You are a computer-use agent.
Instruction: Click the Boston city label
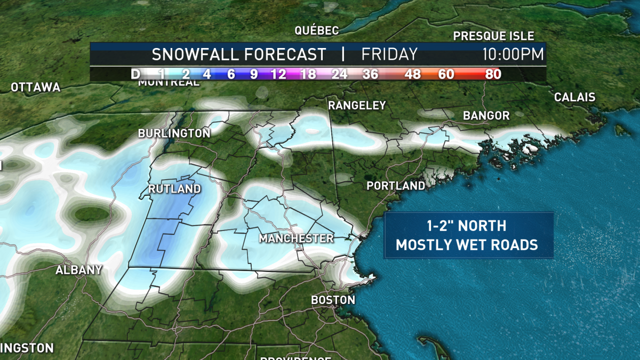[x=333, y=300]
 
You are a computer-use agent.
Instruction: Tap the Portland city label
[x=396, y=186]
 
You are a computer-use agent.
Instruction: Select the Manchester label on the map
[x=296, y=238]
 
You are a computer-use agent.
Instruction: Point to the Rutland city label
[x=175, y=189]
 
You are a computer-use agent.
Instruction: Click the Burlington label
[x=174, y=133]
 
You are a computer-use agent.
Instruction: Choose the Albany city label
[x=78, y=270]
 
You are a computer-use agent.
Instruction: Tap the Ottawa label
[x=36, y=87]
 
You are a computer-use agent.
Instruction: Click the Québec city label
[x=317, y=30]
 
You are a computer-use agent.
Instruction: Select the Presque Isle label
[x=493, y=36]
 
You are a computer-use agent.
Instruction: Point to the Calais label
[x=574, y=98]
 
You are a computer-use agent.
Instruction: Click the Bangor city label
[x=486, y=116]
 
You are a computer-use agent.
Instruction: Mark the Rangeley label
[x=357, y=106]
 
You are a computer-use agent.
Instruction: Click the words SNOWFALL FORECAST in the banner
[x=238, y=54]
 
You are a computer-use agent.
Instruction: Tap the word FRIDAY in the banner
[x=389, y=54]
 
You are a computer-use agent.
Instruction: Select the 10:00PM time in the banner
[x=513, y=54]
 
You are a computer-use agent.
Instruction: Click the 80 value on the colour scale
[x=493, y=74]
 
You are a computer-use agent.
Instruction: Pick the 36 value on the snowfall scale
[x=370, y=74]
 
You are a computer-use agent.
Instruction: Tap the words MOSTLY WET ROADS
[x=466, y=245]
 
